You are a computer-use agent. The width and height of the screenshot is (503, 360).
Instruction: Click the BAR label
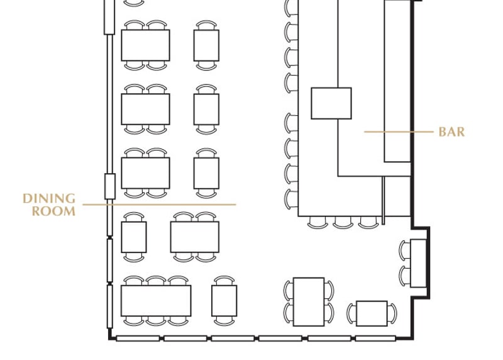[x=451, y=132]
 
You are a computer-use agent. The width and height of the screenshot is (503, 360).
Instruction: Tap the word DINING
[x=49, y=198]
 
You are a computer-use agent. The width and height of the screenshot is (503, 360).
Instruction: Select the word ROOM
[x=53, y=211]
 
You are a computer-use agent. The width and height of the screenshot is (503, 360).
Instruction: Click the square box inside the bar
[x=331, y=103]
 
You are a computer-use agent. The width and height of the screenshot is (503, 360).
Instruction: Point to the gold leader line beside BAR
[x=399, y=132]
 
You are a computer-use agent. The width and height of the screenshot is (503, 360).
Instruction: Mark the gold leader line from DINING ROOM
[x=159, y=205]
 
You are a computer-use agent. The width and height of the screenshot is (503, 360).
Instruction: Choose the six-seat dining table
[x=156, y=301]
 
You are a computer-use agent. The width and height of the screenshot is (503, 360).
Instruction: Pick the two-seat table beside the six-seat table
[x=224, y=301]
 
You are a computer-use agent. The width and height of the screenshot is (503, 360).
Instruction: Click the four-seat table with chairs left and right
[x=309, y=302]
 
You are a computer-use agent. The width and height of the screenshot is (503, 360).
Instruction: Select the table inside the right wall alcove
[x=418, y=263]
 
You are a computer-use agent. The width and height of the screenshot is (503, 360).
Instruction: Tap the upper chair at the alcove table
[x=404, y=250]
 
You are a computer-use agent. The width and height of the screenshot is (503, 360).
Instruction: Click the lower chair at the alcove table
[x=404, y=276]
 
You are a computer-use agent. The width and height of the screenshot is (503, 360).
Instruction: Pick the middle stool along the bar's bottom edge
[x=343, y=222]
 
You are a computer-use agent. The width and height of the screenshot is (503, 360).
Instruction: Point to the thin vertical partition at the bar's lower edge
[x=383, y=200]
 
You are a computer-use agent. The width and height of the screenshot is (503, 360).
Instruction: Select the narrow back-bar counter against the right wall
[x=397, y=81]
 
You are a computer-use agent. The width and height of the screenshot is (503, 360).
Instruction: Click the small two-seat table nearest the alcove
[x=372, y=313]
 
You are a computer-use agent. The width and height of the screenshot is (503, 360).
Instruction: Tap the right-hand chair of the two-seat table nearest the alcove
[x=392, y=313]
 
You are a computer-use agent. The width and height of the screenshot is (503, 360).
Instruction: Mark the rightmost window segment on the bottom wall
[x=375, y=338]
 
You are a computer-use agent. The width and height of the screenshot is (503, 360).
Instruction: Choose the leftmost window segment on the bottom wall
[x=138, y=338]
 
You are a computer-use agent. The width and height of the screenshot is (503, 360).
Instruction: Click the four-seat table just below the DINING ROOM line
[x=195, y=237]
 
